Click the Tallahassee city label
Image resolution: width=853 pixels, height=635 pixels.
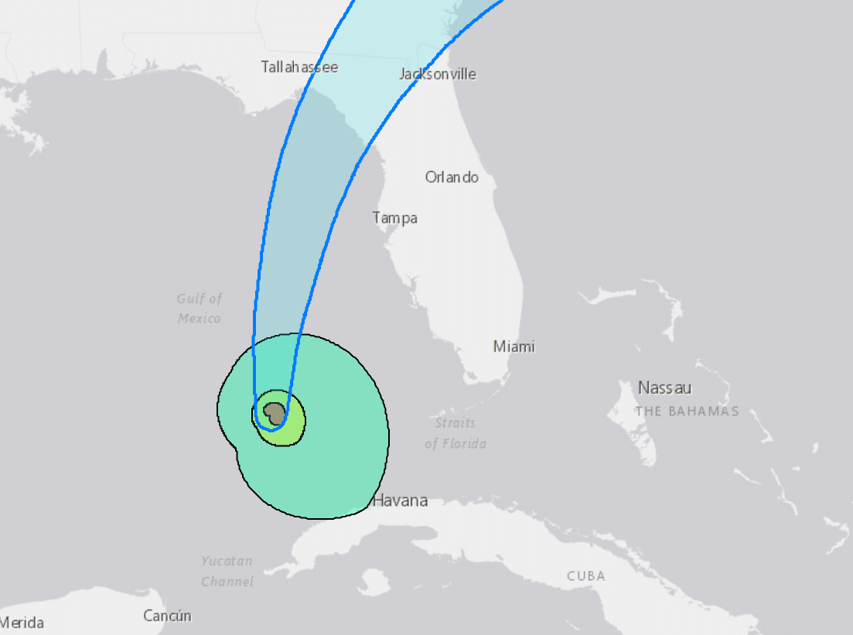pos(299,67)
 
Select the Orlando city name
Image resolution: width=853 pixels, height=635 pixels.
pos(452,177)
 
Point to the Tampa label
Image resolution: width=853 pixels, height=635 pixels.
pos(394,218)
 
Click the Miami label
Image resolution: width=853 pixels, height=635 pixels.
pos(514,347)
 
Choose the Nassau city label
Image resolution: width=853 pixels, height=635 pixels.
pos(664,388)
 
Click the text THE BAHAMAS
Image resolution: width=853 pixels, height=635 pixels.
pos(687,411)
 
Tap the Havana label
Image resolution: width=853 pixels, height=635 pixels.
pos(400,501)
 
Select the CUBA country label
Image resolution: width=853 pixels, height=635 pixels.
pos(585,576)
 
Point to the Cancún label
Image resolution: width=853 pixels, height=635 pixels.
pos(167,616)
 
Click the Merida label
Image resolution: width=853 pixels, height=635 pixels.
pos(22,623)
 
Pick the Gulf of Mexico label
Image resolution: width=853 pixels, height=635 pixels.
pos(200,308)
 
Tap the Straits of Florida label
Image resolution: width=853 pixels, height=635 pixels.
pos(456,433)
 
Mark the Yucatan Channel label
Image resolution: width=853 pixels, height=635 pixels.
pos(227,571)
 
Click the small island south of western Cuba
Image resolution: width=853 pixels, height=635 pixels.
pos(374,582)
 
